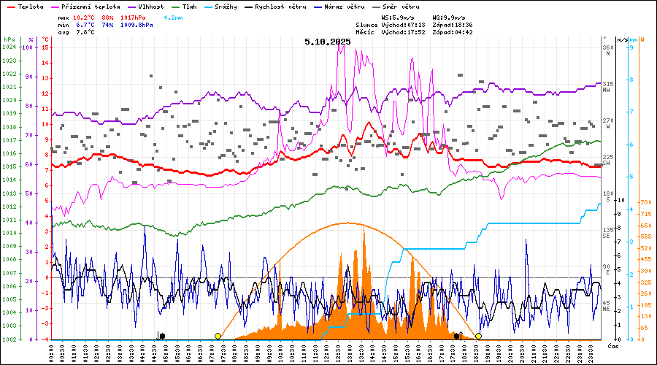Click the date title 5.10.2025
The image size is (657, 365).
328,42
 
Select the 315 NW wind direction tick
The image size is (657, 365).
607,87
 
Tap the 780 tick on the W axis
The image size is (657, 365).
645,202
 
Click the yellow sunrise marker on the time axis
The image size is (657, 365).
218,336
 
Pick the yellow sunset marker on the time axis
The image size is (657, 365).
478,336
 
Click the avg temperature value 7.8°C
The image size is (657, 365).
86,32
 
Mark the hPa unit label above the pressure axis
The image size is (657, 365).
9,39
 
